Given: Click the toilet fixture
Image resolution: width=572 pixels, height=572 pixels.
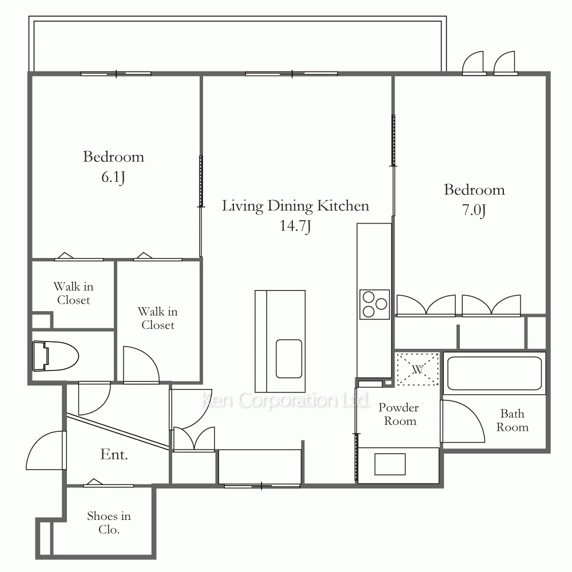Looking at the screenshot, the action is (x=55, y=356).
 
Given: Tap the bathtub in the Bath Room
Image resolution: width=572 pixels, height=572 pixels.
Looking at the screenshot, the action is (x=494, y=373).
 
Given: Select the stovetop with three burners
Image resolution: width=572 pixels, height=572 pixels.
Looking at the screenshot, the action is (x=374, y=304).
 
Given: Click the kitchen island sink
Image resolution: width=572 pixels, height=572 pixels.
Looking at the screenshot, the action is (x=289, y=359).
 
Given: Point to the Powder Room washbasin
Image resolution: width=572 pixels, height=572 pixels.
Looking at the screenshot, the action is (x=390, y=464).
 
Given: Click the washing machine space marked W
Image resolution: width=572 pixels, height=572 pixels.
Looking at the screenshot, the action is (x=418, y=369).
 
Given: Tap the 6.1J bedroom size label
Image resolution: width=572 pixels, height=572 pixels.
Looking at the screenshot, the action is (x=113, y=178).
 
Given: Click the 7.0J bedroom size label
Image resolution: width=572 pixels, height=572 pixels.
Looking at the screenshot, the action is (x=474, y=210).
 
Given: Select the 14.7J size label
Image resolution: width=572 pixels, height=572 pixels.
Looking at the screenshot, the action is (x=295, y=226).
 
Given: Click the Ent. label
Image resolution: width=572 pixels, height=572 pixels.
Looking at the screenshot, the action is (x=114, y=455).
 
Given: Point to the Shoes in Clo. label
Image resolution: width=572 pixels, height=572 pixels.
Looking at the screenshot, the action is (x=109, y=522).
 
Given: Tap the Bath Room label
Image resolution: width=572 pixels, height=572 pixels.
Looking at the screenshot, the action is (x=512, y=420).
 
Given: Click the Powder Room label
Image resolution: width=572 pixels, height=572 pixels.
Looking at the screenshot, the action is (x=399, y=414).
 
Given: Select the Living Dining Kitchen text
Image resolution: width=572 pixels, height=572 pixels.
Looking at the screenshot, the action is (x=296, y=206).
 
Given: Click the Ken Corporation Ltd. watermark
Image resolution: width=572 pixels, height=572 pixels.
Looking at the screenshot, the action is (x=285, y=400).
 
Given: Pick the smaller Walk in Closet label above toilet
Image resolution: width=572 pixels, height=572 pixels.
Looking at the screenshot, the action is (x=73, y=293).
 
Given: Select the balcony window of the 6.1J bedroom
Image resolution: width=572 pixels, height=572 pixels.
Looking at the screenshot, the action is (x=116, y=74).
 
